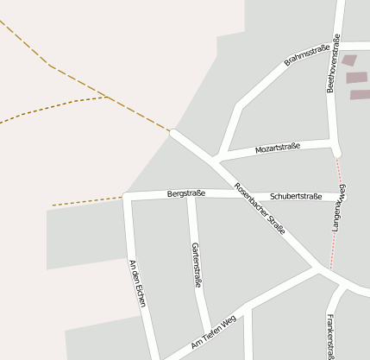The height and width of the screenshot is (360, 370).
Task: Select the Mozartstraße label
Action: (277, 148)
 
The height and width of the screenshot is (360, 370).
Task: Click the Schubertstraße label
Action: (296, 197)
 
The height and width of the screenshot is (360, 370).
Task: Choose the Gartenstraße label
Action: (197, 265)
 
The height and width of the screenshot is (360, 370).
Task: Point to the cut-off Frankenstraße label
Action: (329, 336)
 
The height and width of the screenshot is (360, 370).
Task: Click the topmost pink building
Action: (348, 60)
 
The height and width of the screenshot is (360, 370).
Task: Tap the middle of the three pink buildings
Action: (356, 78)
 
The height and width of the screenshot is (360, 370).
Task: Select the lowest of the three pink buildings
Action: (359, 95)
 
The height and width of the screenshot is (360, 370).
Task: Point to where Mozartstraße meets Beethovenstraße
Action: (332, 141)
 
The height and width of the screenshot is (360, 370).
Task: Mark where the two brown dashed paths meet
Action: (107, 97)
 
